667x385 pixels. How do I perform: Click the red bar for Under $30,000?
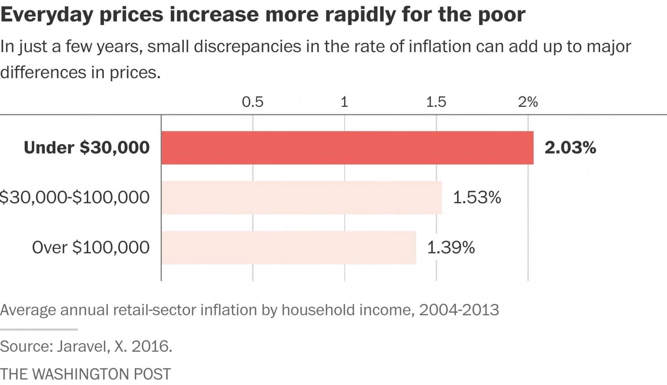(347, 148)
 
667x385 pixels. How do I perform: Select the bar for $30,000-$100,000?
(301, 197)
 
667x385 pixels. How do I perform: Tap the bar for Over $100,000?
(289, 247)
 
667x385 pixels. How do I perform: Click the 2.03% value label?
(570, 148)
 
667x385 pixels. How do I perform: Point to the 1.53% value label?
(476, 197)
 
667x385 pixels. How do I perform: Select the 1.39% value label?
(450, 247)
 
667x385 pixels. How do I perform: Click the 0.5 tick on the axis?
(253, 102)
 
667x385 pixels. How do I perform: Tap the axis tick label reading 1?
(344, 102)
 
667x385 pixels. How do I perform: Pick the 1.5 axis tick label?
(436, 102)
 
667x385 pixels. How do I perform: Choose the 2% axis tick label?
(528, 102)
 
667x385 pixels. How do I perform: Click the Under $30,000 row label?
(86, 148)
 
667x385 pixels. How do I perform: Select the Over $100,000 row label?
(90, 247)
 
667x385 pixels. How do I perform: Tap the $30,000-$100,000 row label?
(75, 197)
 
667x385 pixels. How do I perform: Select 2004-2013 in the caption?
(459, 310)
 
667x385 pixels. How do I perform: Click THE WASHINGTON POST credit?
(85, 374)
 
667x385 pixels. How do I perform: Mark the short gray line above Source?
(39, 329)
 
